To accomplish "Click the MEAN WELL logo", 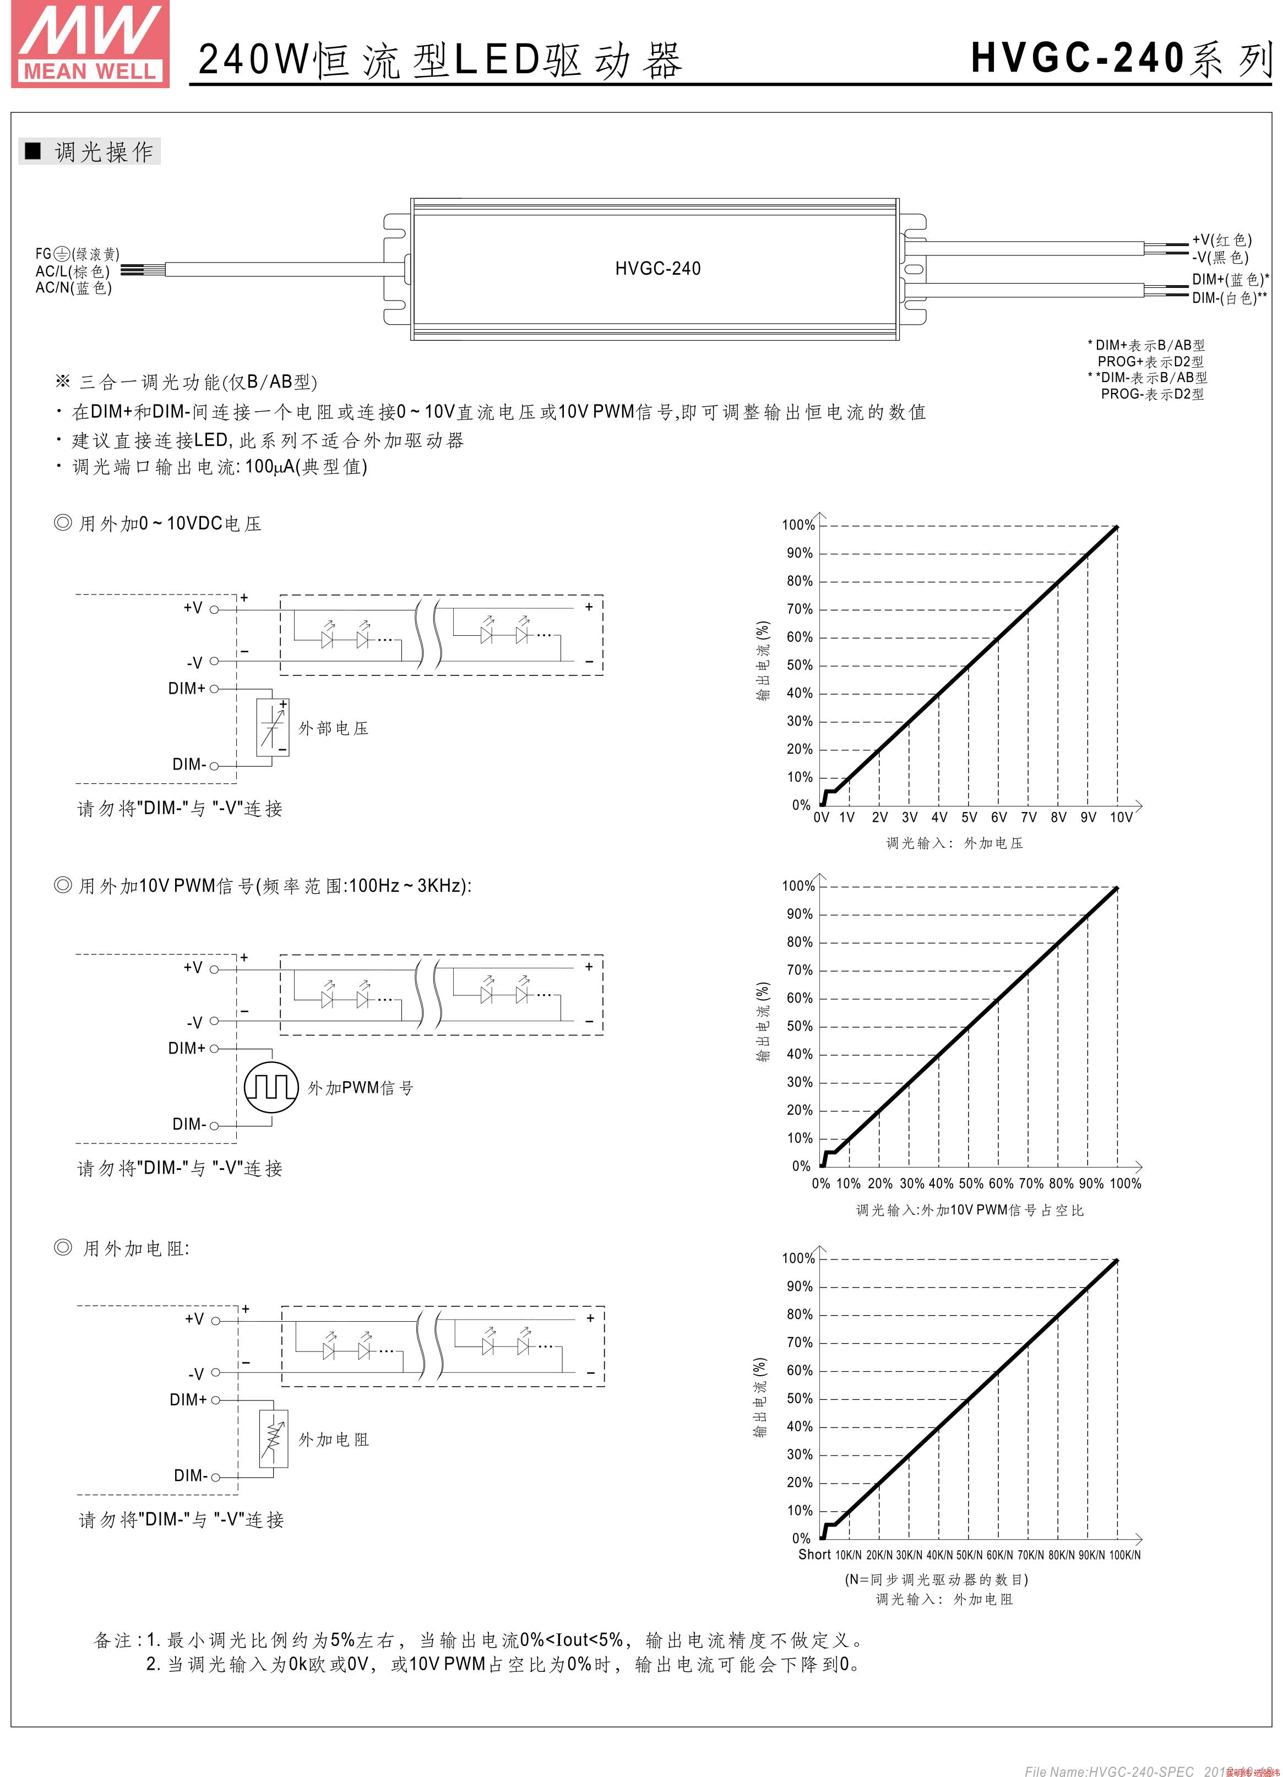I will pyautogui.click(x=90, y=44).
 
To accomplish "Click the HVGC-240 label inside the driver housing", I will pyautogui.click(x=657, y=269).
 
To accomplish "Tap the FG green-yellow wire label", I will pyautogui.click(x=77, y=254).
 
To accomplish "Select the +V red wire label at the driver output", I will pyautogui.click(x=1221, y=240).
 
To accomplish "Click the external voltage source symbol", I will pyautogui.click(x=272, y=728).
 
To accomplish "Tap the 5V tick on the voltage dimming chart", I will pyautogui.click(x=969, y=817).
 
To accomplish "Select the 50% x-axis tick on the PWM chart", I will pyautogui.click(x=970, y=1183).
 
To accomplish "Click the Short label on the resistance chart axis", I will pyautogui.click(x=814, y=1555).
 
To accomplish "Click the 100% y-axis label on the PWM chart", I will pyautogui.click(x=798, y=886).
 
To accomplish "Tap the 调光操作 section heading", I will pyautogui.click(x=104, y=152).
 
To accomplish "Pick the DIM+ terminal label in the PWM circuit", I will pyautogui.click(x=187, y=1048).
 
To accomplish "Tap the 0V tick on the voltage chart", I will pyautogui.click(x=820, y=817).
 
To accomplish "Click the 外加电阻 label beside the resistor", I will pyautogui.click(x=333, y=1440).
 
